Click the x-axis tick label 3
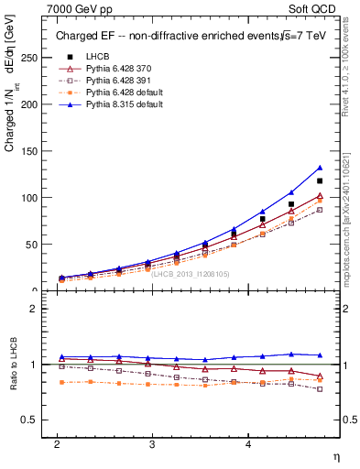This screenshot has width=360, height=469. [x=152, y=442]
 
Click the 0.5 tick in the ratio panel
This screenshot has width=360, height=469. [x=29, y=420]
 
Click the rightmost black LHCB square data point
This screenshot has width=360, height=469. [x=320, y=180]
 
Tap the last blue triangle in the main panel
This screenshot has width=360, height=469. [x=320, y=168]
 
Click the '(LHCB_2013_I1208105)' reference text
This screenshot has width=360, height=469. [x=191, y=273]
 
